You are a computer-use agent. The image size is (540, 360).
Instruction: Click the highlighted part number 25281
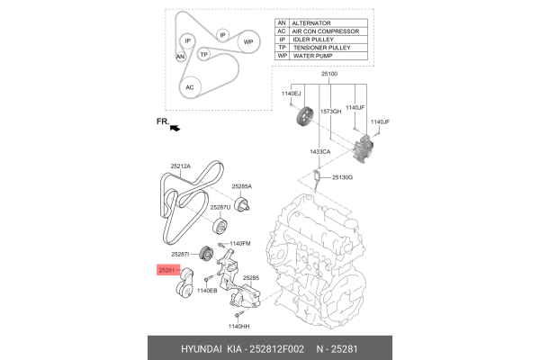tap(167, 269)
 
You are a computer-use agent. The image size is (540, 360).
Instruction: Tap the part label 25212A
tap(182, 166)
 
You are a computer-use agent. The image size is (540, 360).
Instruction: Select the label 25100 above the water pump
tap(329, 74)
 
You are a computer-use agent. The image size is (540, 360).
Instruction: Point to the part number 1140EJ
tap(293, 94)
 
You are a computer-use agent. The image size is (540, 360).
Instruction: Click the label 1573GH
tap(331, 112)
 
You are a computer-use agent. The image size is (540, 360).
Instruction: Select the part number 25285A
tap(240, 186)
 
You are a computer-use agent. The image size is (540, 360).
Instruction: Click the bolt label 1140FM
tap(239, 244)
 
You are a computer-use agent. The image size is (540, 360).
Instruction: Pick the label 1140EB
tap(207, 291)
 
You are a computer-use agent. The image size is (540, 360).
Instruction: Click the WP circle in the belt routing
tap(247, 41)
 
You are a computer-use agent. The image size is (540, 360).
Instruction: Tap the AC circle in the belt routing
tap(188, 87)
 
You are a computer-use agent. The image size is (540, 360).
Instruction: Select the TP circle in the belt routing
tap(204, 55)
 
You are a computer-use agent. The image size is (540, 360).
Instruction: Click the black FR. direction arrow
tap(173, 129)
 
